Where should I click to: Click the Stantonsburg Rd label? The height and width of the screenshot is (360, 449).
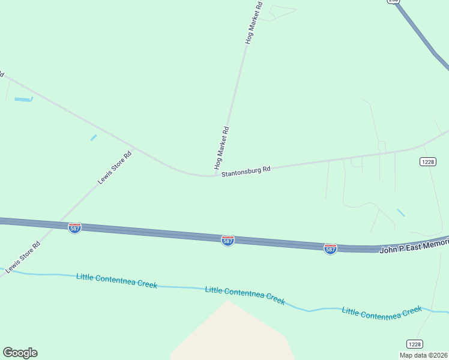pos(246,172)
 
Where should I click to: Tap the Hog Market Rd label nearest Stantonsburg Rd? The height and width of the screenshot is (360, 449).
pos(221,148)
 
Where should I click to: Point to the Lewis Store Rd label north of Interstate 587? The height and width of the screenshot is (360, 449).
pos(114,167)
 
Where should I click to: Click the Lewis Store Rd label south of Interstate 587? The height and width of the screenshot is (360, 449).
pos(23,258)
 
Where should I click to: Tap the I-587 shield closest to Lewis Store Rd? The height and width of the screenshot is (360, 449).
pos(74,228)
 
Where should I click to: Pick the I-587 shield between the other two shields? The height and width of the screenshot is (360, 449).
pos(228,240)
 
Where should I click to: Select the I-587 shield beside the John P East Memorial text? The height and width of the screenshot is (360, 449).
pos(330,248)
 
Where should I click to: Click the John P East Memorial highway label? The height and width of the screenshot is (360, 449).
pos(414,245)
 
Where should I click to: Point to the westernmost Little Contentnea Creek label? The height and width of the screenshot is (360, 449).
pos(116,280)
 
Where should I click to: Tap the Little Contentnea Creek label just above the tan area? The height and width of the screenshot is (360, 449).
pos(245,295)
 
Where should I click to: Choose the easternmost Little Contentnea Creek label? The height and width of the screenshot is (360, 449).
pos(382,311)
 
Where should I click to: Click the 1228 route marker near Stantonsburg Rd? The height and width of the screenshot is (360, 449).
pos(427,161)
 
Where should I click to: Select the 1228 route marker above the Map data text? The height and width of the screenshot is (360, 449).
pos(414,344)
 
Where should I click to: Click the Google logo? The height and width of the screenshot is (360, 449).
pos(20,353)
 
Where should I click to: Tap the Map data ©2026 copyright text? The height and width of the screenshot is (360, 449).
pos(424,355)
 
